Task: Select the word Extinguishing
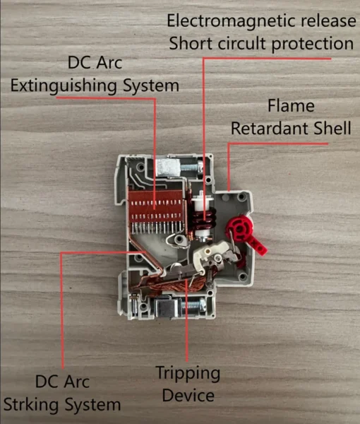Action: [x=64, y=86]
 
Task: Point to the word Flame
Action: [x=291, y=105]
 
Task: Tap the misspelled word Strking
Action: [x=31, y=405]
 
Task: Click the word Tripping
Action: [x=188, y=374]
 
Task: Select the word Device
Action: [x=188, y=395]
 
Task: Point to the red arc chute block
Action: [x=157, y=206]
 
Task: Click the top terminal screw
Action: [x=191, y=167]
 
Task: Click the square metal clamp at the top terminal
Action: [x=168, y=167]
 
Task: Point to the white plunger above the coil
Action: [x=200, y=201]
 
